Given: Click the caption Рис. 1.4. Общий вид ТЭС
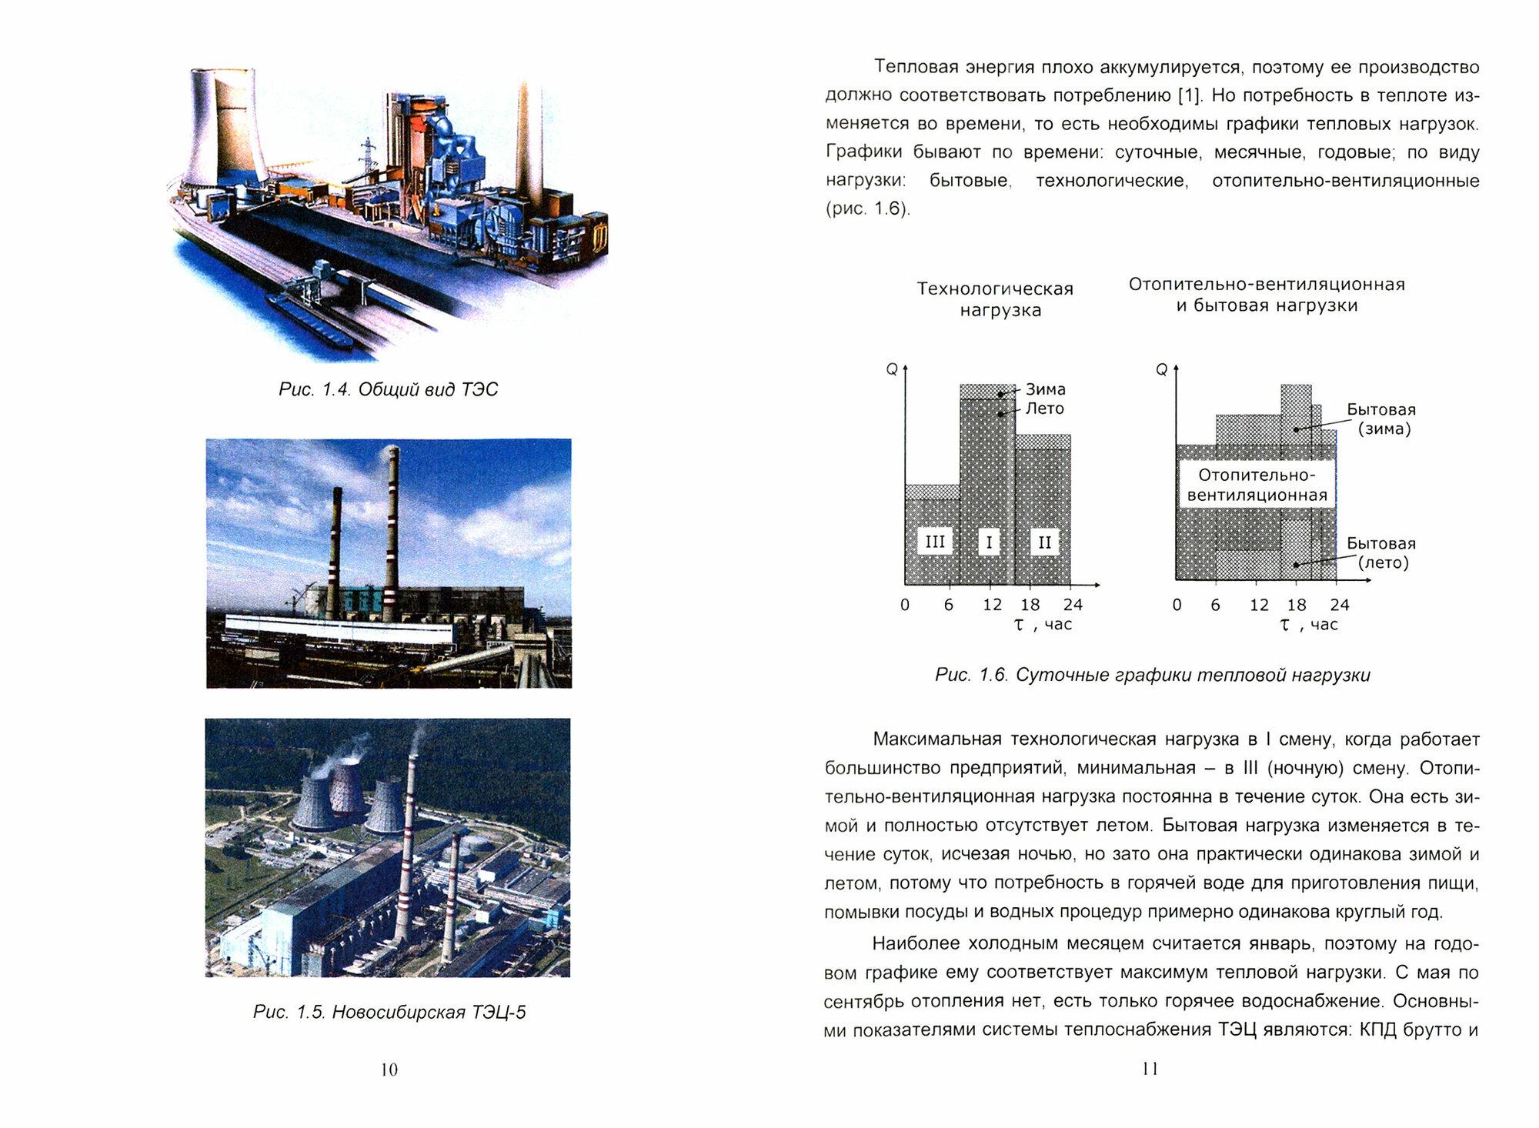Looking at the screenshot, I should (x=388, y=389).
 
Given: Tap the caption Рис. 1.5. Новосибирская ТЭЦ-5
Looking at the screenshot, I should (x=389, y=1012).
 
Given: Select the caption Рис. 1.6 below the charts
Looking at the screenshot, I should (x=1152, y=675).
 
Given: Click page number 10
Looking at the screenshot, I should (x=389, y=1070).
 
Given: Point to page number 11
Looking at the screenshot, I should (x=1150, y=1069).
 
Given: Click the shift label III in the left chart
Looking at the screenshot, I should (x=935, y=541).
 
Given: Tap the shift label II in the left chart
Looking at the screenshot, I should (x=1044, y=542).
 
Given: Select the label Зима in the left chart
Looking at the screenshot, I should (x=1045, y=389).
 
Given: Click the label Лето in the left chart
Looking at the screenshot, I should (x=1044, y=409).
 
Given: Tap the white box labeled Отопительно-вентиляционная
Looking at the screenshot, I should (x=1257, y=485).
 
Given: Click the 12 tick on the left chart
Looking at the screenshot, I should (x=992, y=605).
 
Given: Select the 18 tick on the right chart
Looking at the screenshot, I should (x=1297, y=605).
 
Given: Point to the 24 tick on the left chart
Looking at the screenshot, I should (x=1073, y=605).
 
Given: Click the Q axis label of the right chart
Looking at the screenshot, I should (x=1162, y=369).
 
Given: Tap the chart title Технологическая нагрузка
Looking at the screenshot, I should (x=996, y=299).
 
